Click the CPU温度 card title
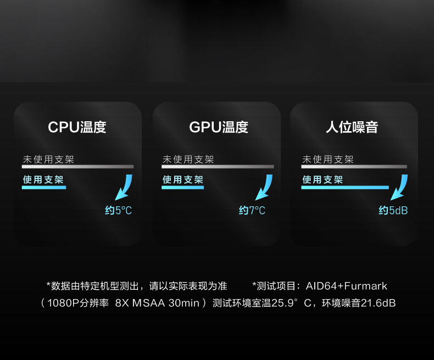pyautogui.click(x=77, y=127)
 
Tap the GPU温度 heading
pyautogui.click(x=219, y=127)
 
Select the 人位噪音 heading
pyautogui.click(x=352, y=127)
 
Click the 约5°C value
pyautogui.click(x=118, y=210)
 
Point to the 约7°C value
pyautogui.click(x=252, y=210)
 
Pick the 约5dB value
pyautogui.click(x=393, y=210)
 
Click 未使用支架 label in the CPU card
pyautogui.click(x=48, y=159)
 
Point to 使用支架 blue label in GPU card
pyautogui.click(x=183, y=179)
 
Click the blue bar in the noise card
pyautogui.click(x=345, y=188)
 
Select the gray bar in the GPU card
pyautogui.click(x=218, y=167)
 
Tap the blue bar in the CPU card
pyautogui.click(x=44, y=188)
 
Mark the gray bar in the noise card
pyautogui.click(x=354, y=167)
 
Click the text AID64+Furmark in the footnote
pyautogui.click(x=346, y=286)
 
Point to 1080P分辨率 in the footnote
pyautogui.click(x=78, y=303)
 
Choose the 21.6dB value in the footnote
pyautogui.click(x=378, y=303)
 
